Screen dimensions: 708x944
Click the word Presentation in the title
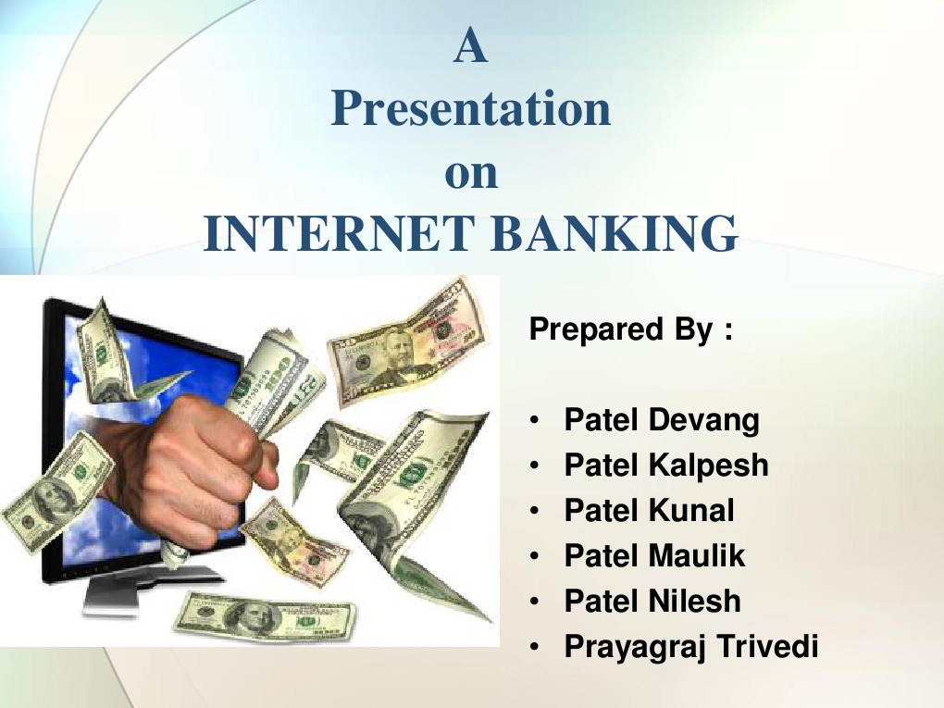click(471, 109)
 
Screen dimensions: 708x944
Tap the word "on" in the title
click(471, 174)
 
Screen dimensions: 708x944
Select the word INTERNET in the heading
click(340, 233)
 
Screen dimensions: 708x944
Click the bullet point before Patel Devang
click(536, 422)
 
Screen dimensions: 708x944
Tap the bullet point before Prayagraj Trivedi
click(536, 648)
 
